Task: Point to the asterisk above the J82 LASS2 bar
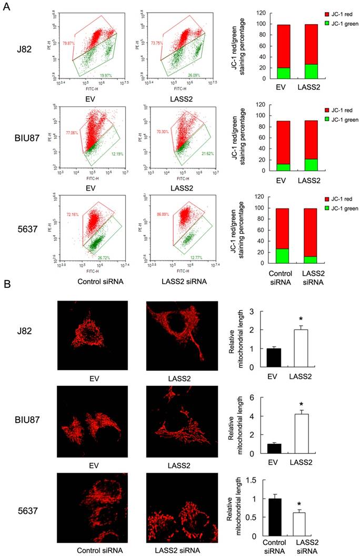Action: (x=315, y=320)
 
